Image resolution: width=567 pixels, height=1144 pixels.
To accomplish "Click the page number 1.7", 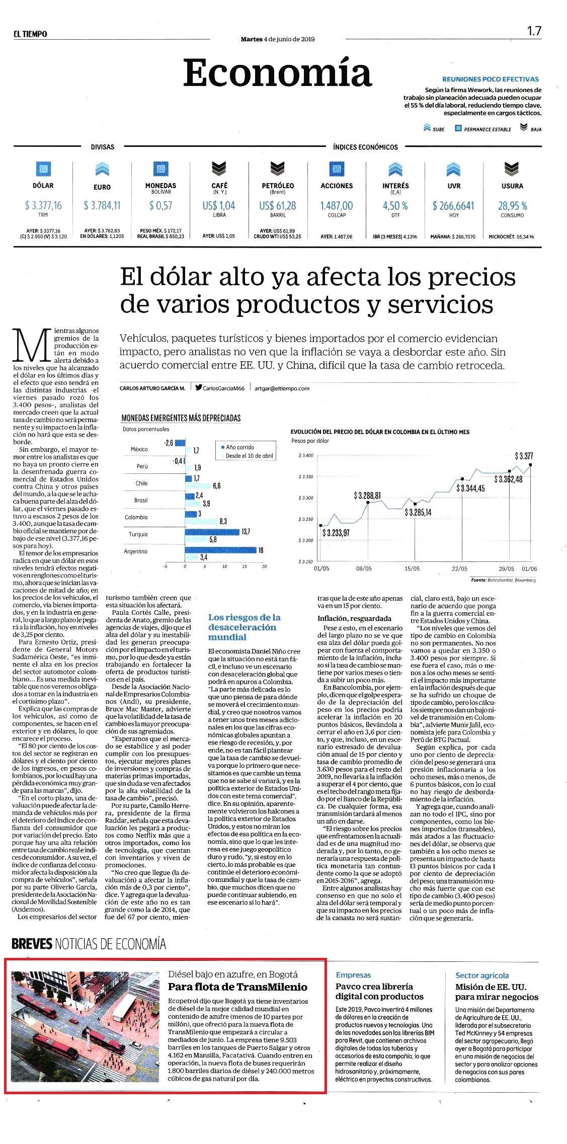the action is tap(534, 31).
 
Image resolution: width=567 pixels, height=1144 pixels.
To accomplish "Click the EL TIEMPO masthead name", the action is tap(30, 34).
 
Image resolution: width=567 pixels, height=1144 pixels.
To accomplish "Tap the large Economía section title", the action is tap(277, 72).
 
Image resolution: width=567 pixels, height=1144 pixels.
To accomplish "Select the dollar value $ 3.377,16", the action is tap(43, 205).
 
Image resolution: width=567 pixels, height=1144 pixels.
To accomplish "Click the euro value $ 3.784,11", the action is tap(102, 205).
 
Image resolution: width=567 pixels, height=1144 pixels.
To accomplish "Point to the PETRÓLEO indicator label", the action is tap(278, 186).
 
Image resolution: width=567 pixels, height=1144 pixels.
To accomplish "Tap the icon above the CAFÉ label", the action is tap(219, 168).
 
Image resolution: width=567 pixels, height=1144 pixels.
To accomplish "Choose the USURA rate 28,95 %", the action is tap(513, 206).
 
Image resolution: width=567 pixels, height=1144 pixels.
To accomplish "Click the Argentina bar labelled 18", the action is tap(221, 550).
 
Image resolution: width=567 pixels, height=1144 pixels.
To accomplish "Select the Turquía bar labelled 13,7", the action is tap(212, 532).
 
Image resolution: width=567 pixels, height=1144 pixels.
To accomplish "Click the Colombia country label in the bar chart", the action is tap(136, 517).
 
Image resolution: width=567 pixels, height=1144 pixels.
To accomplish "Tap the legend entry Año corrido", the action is tap(240, 447).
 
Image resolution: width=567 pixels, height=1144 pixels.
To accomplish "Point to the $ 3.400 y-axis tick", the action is tap(306, 455).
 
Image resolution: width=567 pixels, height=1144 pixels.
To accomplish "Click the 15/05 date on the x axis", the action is tap(412, 568).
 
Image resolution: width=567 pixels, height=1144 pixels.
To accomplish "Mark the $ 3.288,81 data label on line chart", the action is tap(367, 496).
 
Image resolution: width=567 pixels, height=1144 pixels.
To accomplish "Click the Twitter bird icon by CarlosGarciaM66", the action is tap(199, 387).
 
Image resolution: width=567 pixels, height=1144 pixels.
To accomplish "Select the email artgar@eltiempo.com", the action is tap(282, 388).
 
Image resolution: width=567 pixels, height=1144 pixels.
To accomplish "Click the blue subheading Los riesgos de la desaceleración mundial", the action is tap(245, 627).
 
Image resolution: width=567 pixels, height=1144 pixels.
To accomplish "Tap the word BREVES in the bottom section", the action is tap(32, 944).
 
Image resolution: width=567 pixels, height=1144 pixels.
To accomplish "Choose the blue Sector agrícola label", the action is tap(482, 975).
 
